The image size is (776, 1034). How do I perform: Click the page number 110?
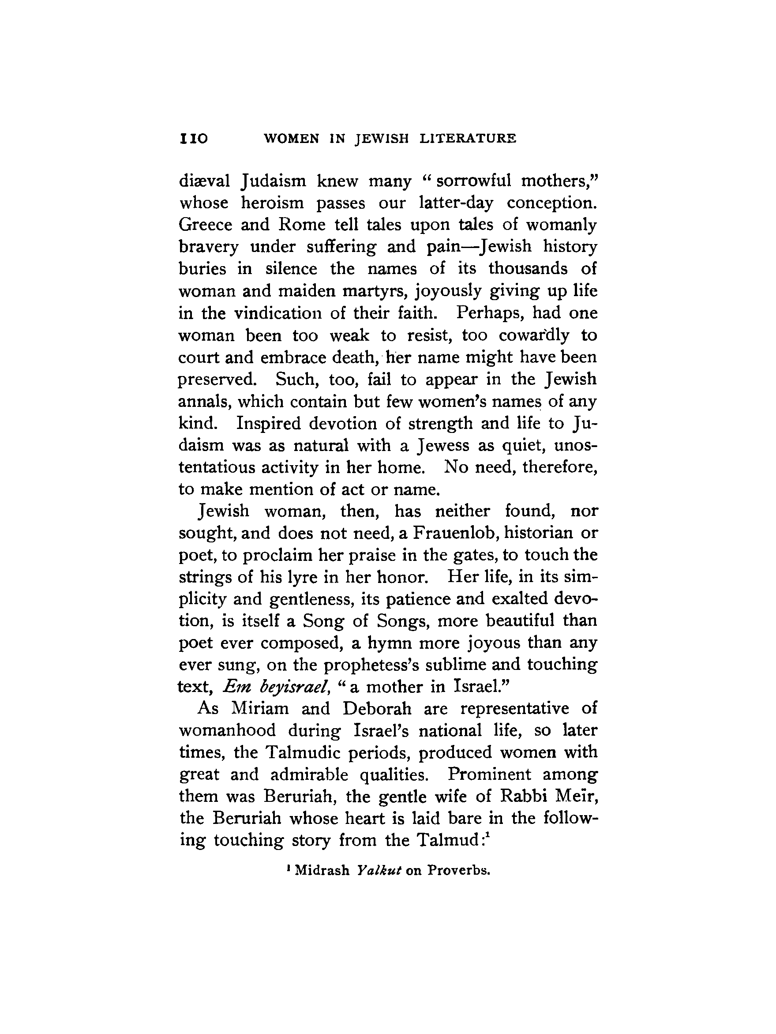click(193, 139)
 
